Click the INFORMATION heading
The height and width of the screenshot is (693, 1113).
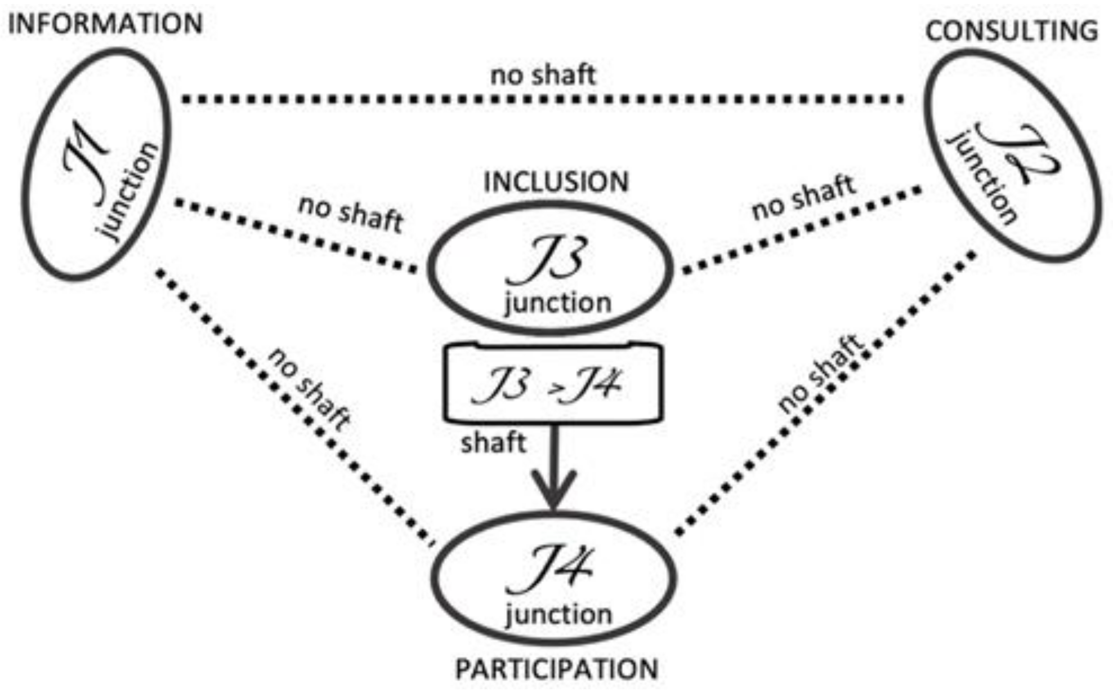pos(105,24)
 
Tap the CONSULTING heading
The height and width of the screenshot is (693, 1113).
pos(1012,30)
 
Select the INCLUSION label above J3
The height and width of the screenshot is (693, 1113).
pos(556,182)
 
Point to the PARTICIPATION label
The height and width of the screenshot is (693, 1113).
pos(556,669)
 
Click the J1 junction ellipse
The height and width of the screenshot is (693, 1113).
pos(96,163)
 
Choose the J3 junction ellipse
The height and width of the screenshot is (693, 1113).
pos(550,268)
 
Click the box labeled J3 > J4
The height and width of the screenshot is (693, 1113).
pos(553,383)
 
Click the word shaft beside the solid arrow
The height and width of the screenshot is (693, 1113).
pos(493,443)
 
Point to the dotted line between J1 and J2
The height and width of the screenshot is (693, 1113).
pos(540,100)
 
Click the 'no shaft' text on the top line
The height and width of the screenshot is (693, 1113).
pos(543,75)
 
